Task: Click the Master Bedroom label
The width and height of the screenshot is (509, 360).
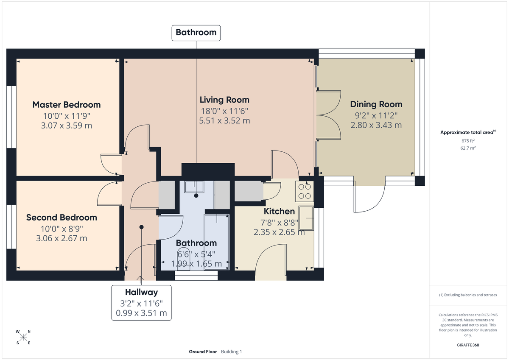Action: point(67,105)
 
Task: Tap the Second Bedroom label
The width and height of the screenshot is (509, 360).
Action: point(62,218)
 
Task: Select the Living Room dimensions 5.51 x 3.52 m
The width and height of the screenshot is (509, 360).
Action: point(224,120)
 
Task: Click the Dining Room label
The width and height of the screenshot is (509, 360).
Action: point(376,104)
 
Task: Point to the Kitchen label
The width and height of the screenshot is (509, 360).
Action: point(279,211)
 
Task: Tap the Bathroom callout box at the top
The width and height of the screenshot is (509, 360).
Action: point(196,33)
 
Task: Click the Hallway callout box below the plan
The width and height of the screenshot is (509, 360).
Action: point(141,303)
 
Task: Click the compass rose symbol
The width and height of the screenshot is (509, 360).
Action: point(23,337)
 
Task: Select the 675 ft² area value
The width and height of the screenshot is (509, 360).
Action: point(468,141)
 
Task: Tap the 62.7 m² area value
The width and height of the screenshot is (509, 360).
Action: point(468,148)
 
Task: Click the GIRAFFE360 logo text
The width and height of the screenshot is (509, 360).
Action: point(468,345)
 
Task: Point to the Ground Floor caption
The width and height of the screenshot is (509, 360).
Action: point(203,352)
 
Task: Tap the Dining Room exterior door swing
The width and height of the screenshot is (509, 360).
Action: point(370,199)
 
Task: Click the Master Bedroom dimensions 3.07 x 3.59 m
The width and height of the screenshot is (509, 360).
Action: point(67,126)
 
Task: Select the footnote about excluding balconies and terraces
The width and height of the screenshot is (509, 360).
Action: point(468,295)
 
